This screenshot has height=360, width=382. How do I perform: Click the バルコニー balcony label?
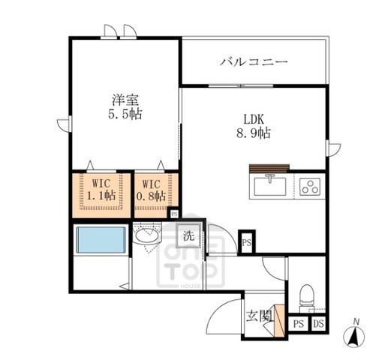coord(254,61)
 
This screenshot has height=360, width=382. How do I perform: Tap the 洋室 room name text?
coord(124,100)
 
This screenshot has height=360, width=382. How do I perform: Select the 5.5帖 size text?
coord(124,115)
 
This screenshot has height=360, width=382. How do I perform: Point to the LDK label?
coord(251,117)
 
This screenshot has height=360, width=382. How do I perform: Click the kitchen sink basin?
coord(268,184)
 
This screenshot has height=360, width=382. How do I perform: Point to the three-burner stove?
coord(309,185)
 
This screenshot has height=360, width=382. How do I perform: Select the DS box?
coord(318,325)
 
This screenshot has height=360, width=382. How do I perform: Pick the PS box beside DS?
coord(299,325)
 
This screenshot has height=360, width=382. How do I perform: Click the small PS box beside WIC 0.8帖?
coord(174,214)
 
